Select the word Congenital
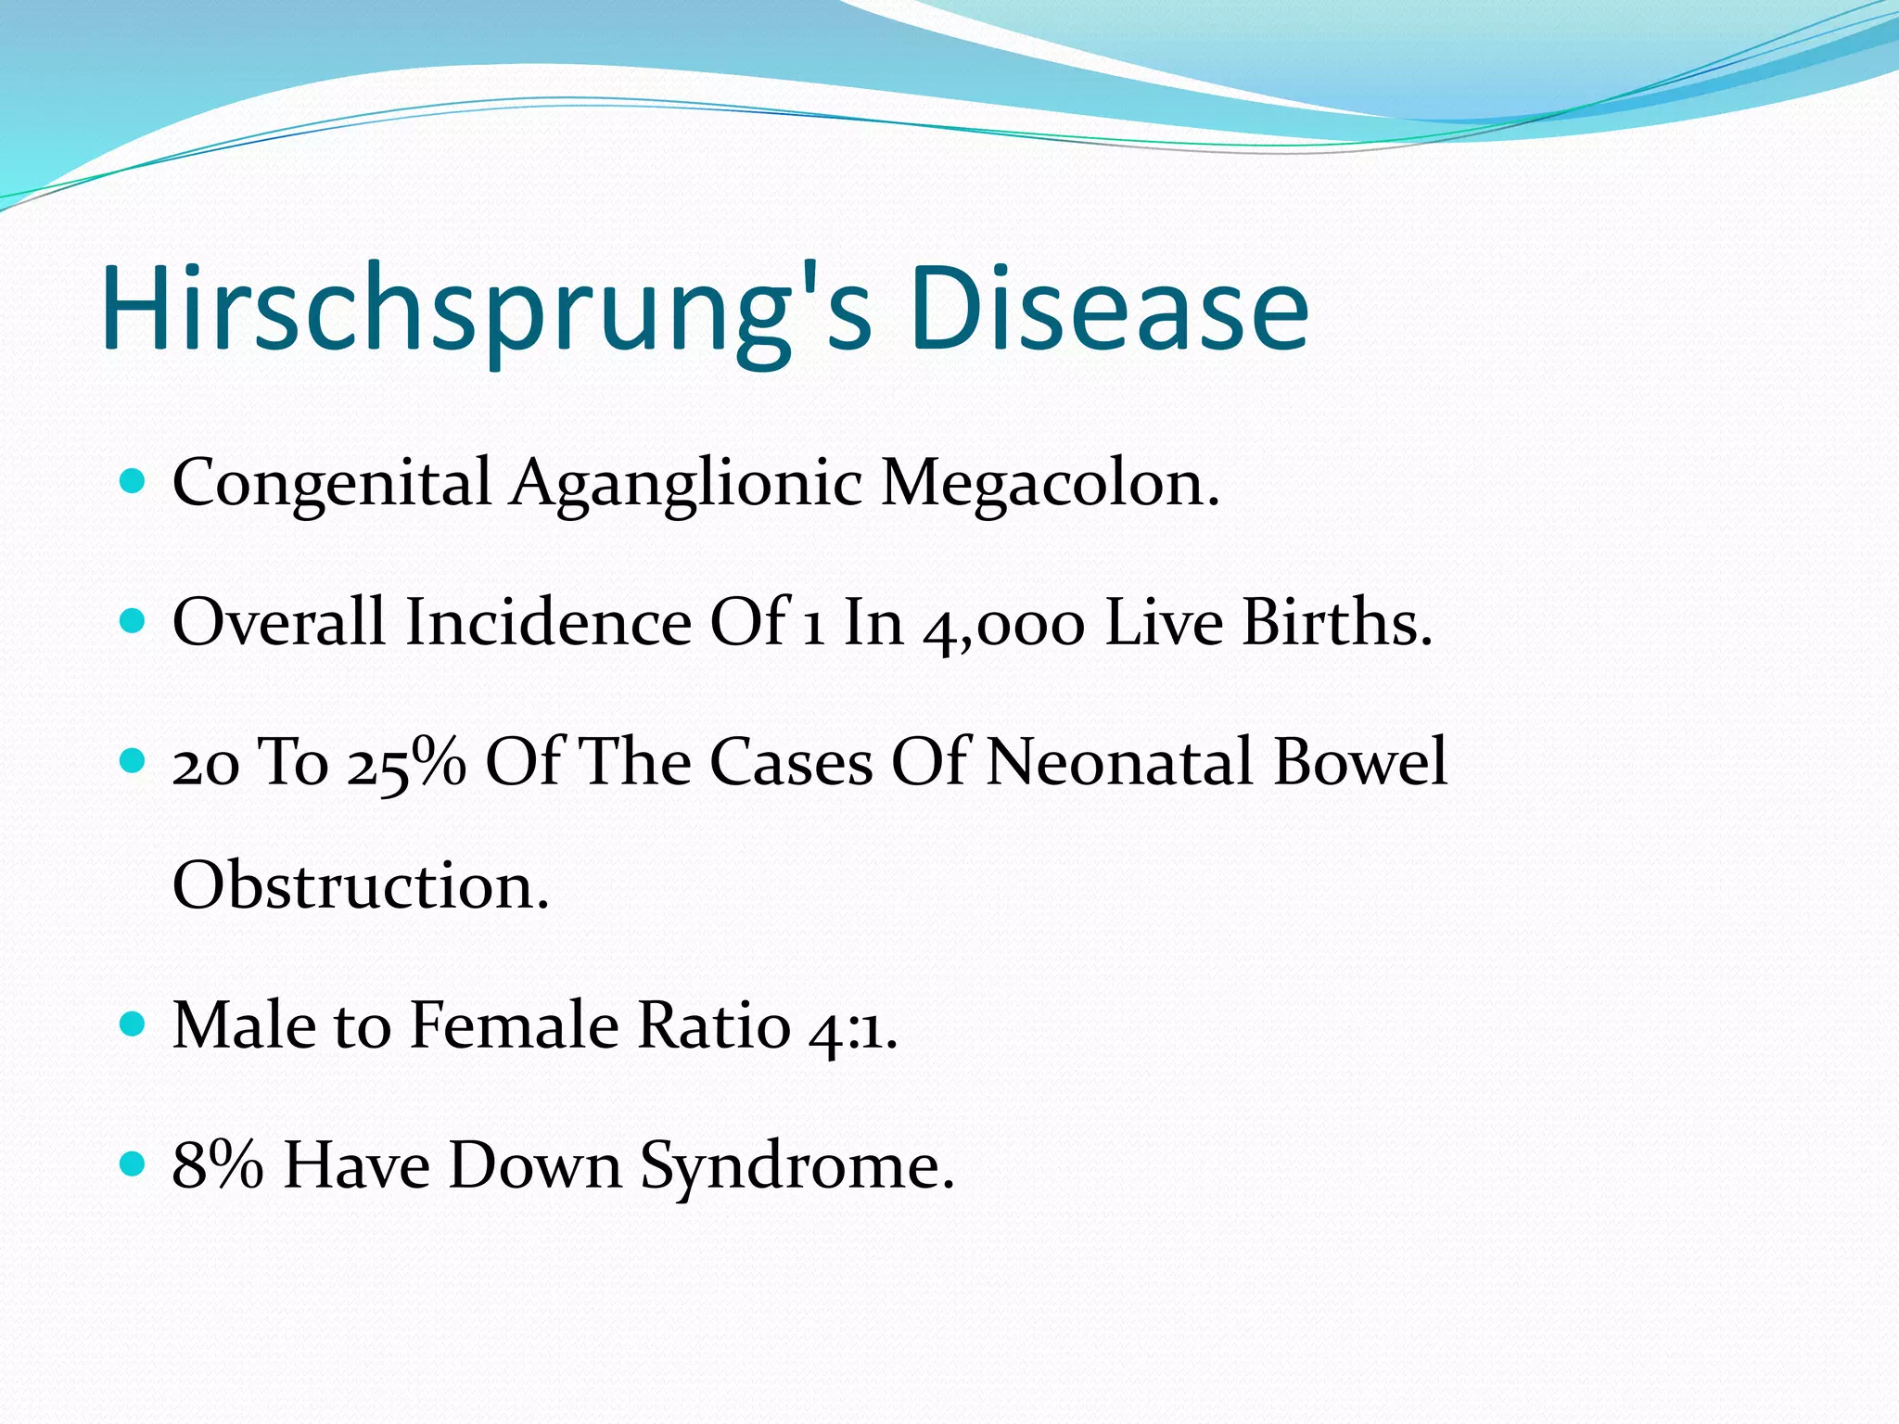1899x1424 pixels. (331, 483)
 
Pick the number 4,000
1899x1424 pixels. (1003, 624)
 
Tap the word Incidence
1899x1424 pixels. (548, 622)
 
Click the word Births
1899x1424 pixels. (1336, 622)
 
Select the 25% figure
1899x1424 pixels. (406, 763)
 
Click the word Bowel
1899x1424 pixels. (1360, 762)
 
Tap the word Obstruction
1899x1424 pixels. (361, 886)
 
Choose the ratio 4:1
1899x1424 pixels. (852, 1027)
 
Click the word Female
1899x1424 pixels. (514, 1026)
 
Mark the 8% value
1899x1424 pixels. (217, 1165)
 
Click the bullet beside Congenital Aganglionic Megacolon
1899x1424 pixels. (134, 481)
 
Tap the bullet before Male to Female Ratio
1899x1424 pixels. (134, 1024)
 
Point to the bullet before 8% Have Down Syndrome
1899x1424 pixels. (134, 1163)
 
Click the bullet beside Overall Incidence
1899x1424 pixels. (134, 620)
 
